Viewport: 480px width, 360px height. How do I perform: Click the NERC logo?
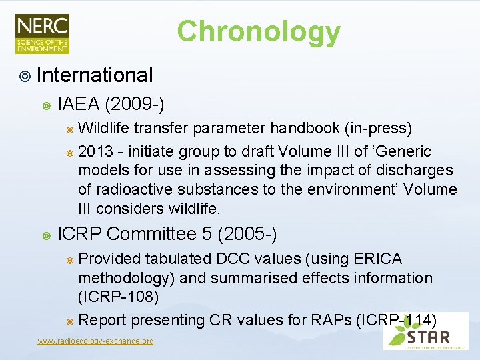(x=42, y=33)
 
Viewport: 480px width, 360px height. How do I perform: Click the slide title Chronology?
(x=259, y=31)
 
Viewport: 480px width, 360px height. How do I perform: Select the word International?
(x=95, y=75)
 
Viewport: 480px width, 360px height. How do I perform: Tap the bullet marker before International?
(x=25, y=75)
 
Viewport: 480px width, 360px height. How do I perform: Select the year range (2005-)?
(x=247, y=234)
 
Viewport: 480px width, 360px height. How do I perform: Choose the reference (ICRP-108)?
(x=118, y=296)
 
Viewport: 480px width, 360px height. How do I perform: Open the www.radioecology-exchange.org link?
(x=95, y=341)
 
